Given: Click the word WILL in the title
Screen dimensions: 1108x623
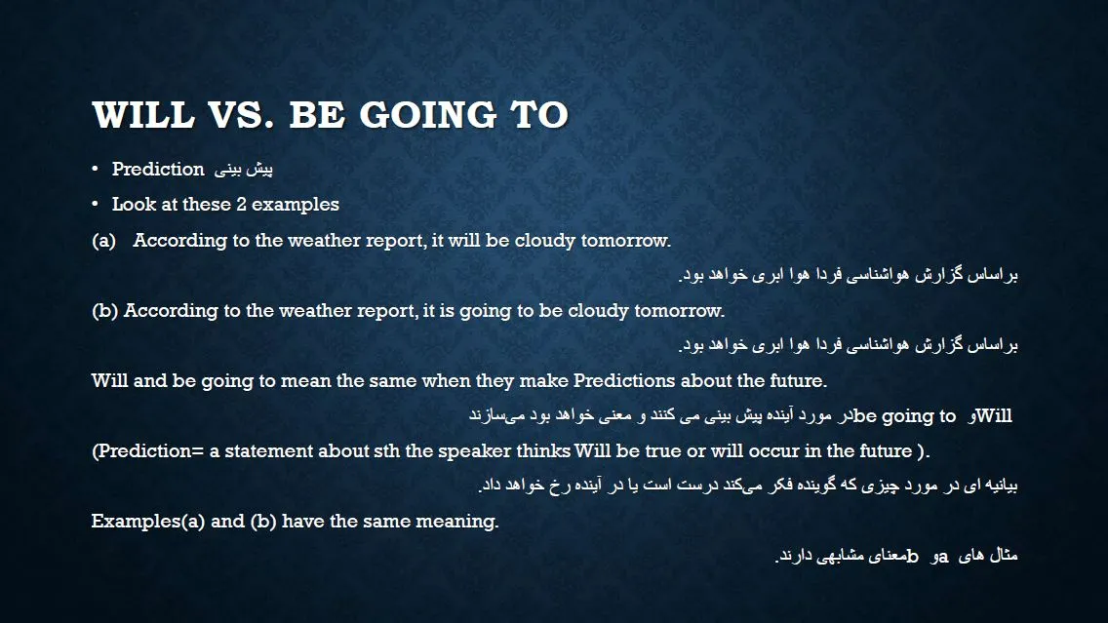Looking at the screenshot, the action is (142, 114).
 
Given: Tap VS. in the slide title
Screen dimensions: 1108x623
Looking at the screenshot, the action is (240, 114).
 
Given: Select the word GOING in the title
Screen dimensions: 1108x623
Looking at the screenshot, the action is (428, 114).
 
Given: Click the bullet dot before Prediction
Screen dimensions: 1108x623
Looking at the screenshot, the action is (95, 169).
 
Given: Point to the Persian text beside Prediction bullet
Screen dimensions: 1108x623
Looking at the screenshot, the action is (244, 170).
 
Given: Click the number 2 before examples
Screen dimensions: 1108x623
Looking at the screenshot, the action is (241, 204).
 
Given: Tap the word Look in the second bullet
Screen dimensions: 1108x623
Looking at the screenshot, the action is (134, 204).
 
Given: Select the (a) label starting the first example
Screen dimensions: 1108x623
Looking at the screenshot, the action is (103, 241).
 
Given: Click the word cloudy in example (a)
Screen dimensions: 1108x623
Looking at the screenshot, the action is (545, 241).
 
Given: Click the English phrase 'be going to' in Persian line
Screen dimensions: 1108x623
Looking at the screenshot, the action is (904, 416).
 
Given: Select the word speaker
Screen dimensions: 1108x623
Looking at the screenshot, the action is (474, 451).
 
